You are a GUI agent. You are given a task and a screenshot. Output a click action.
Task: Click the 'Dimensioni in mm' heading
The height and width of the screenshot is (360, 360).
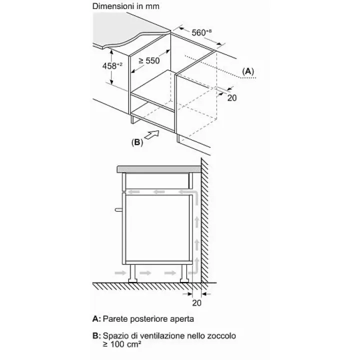[x=126, y=6]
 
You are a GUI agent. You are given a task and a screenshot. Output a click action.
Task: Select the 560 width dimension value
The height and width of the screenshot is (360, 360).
[x=201, y=32]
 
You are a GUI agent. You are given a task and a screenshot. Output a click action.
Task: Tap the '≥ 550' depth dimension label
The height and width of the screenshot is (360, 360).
[x=149, y=61]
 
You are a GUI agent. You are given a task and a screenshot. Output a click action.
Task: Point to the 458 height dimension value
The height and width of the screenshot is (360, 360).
[x=112, y=66]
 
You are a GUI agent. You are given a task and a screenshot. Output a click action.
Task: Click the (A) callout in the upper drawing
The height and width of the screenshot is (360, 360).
[x=248, y=71]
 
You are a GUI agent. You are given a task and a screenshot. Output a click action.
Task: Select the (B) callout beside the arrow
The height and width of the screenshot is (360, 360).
[x=137, y=142]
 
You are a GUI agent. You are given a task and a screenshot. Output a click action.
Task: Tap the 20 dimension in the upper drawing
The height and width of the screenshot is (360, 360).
[x=232, y=98]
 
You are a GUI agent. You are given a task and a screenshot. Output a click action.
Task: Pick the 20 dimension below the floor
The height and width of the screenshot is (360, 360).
[x=197, y=303]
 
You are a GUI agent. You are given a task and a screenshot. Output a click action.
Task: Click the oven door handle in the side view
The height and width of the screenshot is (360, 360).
[x=118, y=209]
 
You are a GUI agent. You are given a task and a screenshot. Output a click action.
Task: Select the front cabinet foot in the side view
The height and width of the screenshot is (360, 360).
[x=132, y=273]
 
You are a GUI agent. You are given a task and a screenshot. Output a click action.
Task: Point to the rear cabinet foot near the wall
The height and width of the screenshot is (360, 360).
[x=184, y=273]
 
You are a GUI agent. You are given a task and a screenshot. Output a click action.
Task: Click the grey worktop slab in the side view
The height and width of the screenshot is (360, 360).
[x=159, y=169]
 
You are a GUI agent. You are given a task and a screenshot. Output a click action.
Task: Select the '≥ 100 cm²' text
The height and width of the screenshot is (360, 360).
[x=122, y=344]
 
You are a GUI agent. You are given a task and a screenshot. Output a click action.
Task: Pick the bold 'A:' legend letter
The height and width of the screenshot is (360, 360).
[x=96, y=319]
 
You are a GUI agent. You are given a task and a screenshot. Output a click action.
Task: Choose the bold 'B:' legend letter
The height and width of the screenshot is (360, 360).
[x=96, y=335]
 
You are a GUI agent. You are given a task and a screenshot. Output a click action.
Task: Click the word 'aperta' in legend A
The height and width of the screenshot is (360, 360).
[x=182, y=319]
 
